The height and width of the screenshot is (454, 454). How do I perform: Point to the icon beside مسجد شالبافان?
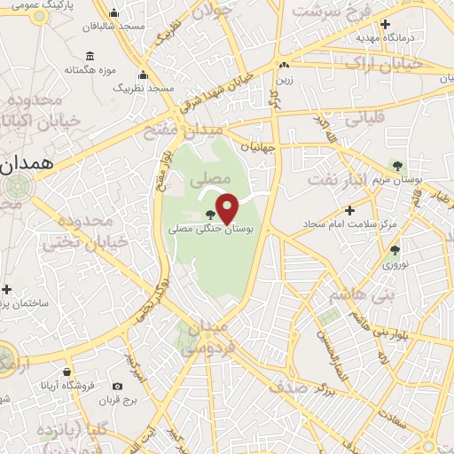click(x=114, y=14)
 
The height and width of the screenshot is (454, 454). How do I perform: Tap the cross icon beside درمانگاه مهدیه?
click(x=386, y=25)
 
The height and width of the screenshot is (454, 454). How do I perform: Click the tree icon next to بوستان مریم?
click(x=396, y=165)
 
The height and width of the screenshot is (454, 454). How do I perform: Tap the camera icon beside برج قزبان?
click(x=118, y=386)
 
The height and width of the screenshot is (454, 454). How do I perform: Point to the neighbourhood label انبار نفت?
click(x=338, y=179)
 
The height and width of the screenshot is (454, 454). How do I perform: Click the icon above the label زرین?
click(x=283, y=66)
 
